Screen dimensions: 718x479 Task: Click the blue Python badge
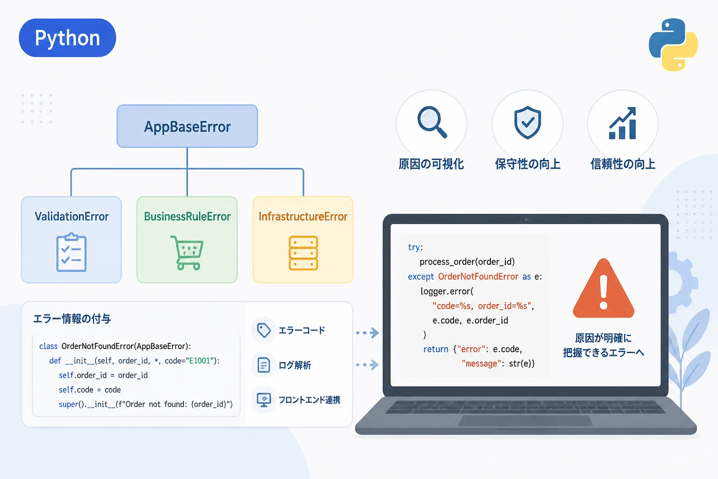tap(67, 38)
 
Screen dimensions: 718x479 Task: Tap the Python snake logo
tap(673, 44)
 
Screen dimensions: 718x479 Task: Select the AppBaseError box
tap(187, 126)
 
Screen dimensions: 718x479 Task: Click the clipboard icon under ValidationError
tap(71, 252)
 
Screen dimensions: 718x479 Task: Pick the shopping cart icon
tap(187, 253)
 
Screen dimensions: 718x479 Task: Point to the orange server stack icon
tap(303, 253)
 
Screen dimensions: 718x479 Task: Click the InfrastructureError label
tap(303, 217)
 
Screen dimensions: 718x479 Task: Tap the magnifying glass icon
tap(432, 122)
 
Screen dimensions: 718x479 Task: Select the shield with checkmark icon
tap(527, 123)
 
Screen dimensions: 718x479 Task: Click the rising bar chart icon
tap(623, 123)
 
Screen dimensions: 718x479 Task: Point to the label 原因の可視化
tap(431, 164)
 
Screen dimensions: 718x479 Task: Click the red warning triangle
tap(603, 289)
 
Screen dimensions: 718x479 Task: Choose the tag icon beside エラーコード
tap(264, 330)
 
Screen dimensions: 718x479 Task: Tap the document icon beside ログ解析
tap(264, 365)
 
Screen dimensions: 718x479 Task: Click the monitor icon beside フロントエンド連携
tap(264, 400)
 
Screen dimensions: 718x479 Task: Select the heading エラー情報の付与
tap(72, 319)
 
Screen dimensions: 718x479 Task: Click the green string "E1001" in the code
tap(200, 361)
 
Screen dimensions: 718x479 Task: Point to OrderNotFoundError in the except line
tap(478, 276)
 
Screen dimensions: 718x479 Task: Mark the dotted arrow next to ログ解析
tap(367, 365)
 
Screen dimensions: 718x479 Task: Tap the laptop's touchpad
tap(525, 421)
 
